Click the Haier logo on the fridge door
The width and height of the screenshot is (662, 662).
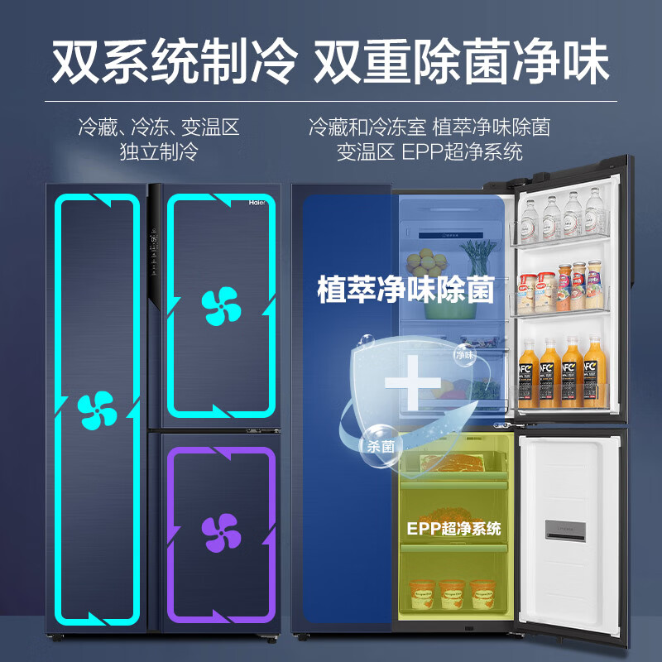click(259, 202)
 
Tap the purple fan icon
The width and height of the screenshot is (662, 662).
click(220, 532)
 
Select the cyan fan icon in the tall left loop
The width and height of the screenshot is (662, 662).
click(96, 410)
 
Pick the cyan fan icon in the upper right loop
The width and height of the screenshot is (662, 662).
click(220, 305)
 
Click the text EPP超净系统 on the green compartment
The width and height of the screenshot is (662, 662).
click(453, 528)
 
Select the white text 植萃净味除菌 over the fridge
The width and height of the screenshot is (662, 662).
click(405, 290)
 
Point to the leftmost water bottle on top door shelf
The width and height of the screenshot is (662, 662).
click(530, 218)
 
